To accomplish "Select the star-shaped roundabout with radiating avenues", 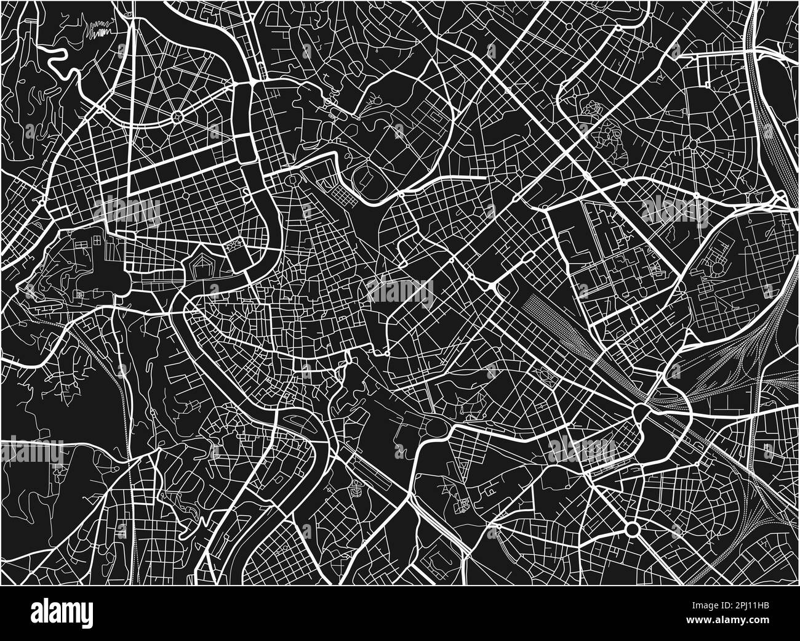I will click(x=178, y=115).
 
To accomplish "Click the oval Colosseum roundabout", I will click(x=438, y=425).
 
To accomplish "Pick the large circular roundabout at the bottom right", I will click(x=632, y=528).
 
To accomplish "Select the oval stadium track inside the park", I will click(x=368, y=179).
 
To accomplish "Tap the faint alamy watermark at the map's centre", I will click(x=400, y=290).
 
